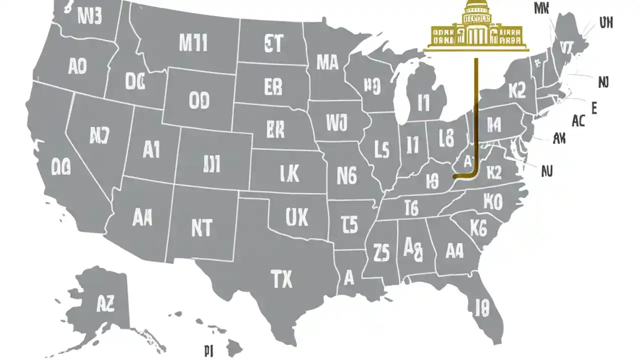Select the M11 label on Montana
point(193,44)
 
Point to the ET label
point(272,44)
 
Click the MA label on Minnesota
point(327,62)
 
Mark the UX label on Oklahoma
point(296,217)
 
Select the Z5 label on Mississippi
point(381,252)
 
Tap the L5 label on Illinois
point(381,148)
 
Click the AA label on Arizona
point(142,217)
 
